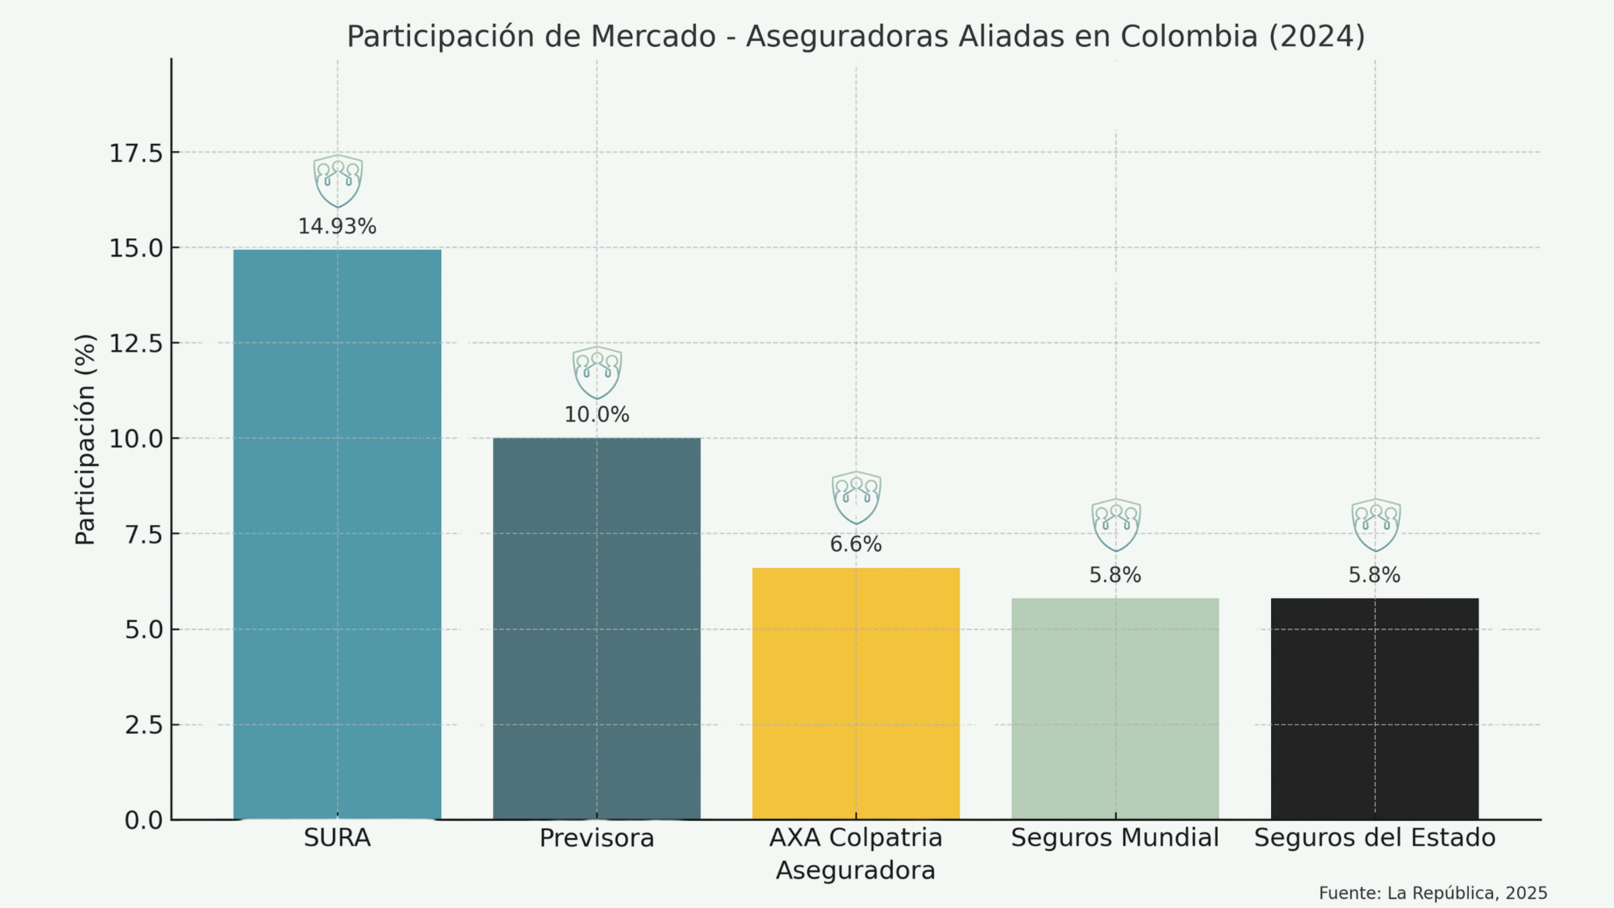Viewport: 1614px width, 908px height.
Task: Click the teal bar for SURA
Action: click(337, 535)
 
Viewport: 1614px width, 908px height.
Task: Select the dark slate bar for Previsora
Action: click(597, 629)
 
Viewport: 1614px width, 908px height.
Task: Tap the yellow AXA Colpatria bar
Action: click(855, 693)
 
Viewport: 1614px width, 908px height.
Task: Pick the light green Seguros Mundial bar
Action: click(1115, 709)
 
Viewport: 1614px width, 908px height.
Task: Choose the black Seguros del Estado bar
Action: click(1375, 709)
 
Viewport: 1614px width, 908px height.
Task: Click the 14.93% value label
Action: click(337, 227)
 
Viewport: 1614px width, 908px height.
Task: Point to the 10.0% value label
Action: click(597, 415)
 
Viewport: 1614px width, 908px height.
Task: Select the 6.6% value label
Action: click(855, 544)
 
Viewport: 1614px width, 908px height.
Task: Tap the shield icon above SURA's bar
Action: click(338, 180)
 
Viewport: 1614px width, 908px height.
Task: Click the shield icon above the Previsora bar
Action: click(597, 372)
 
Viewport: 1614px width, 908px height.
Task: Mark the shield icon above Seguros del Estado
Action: click(1376, 525)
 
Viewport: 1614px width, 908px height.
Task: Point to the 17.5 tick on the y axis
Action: click(137, 153)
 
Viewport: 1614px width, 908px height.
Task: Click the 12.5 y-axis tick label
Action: click(137, 344)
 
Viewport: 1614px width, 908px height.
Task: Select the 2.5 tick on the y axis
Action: click(144, 725)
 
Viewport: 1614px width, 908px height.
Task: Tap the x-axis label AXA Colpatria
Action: click(855, 838)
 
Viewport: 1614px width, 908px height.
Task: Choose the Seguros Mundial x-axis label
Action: click(1115, 838)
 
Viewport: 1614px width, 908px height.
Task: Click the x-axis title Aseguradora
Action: click(855, 871)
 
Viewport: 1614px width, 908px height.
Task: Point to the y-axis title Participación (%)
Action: click(85, 439)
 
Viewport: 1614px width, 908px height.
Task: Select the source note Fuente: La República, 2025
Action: click(1432, 893)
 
